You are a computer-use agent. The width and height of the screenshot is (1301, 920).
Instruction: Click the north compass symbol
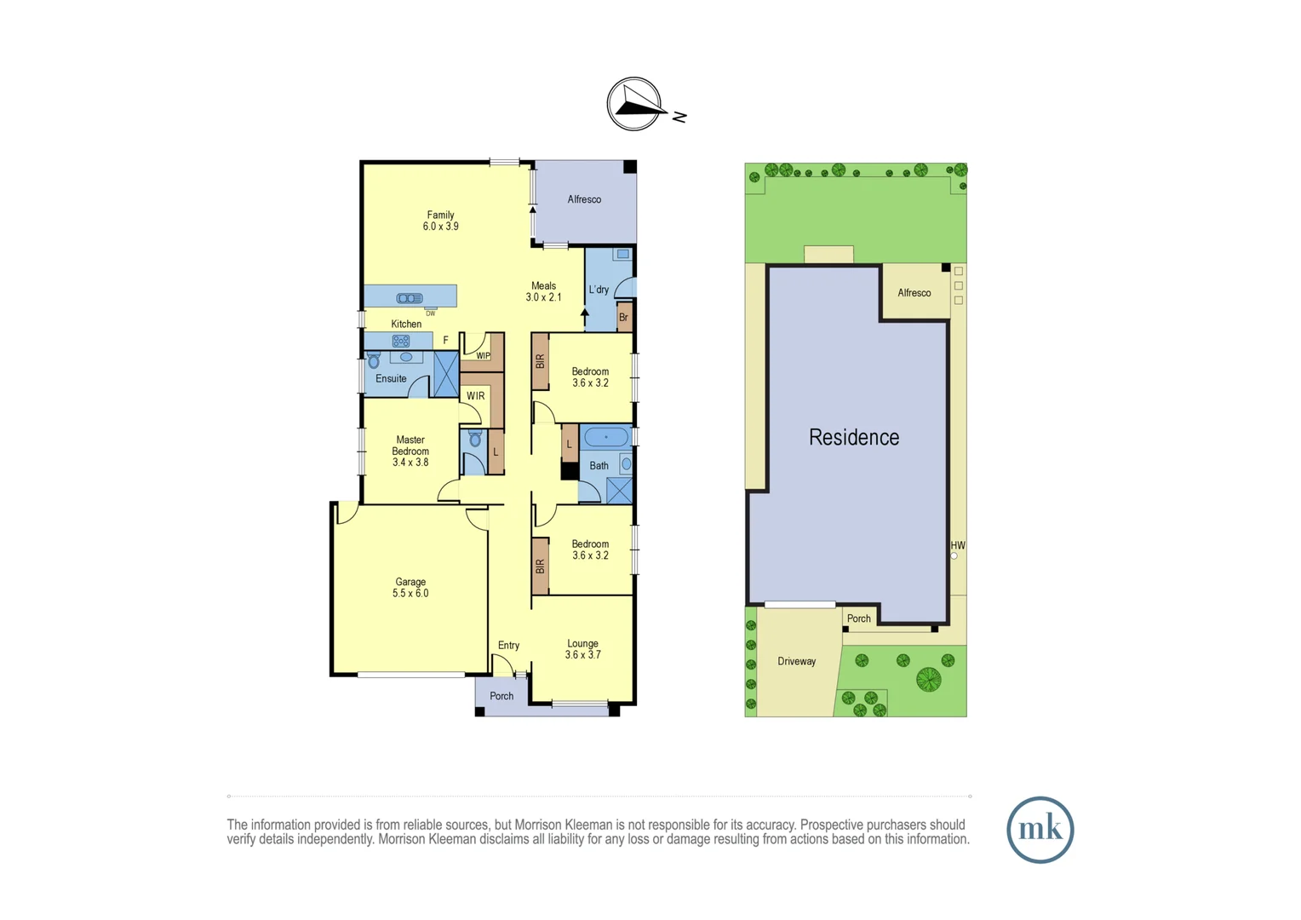point(634,104)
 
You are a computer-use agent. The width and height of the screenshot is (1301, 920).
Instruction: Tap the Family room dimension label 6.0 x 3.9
point(440,227)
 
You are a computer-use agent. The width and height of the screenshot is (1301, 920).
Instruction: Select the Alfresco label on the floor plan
point(584,199)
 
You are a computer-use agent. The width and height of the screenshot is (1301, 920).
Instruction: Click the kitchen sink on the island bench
point(410,297)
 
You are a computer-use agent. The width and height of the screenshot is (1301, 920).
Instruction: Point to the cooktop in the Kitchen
point(400,341)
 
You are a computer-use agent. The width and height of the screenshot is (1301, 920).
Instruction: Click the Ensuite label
point(391,378)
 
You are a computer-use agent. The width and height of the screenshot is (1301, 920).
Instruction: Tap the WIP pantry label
point(483,356)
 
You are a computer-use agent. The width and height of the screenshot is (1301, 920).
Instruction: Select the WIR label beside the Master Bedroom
point(475,396)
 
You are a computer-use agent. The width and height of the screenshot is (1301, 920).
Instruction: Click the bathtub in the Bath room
point(606,438)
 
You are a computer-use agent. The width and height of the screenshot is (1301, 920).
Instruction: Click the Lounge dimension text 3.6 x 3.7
point(582,655)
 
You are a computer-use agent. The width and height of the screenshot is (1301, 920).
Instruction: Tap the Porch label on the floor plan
point(501,696)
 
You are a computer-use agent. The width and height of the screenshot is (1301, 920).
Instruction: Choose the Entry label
point(508,645)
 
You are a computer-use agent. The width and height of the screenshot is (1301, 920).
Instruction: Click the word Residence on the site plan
point(854,437)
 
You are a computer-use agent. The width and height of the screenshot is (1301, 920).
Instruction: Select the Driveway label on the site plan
point(796,661)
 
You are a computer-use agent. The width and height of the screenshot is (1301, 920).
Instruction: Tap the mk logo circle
point(1040,830)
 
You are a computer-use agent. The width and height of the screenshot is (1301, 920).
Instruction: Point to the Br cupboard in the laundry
point(623,317)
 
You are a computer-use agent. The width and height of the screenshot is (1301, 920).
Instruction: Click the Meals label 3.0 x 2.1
point(543,292)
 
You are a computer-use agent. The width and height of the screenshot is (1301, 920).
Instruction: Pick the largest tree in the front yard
point(928,679)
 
